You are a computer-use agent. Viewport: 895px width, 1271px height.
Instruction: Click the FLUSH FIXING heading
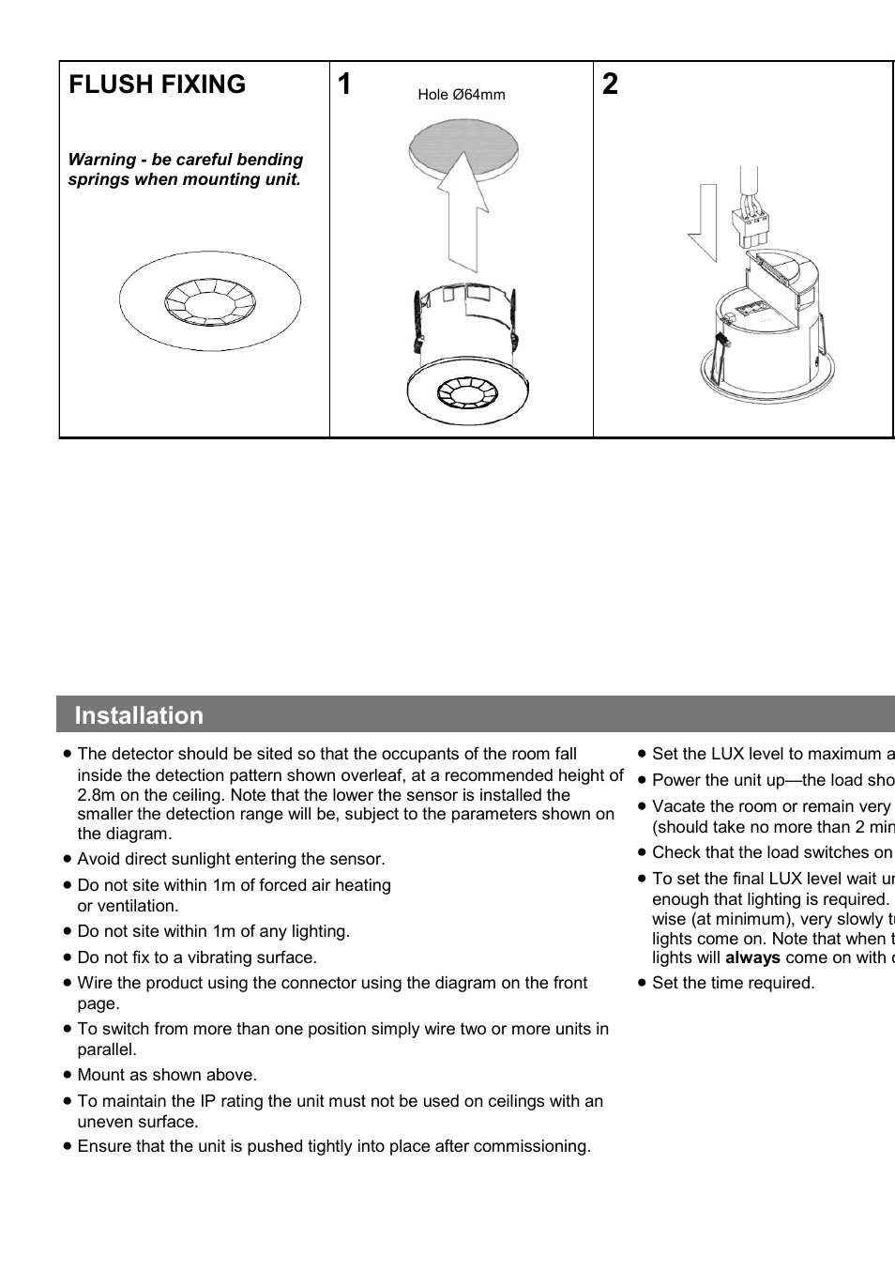(x=157, y=84)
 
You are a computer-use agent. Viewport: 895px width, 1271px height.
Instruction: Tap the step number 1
(x=344, y=84)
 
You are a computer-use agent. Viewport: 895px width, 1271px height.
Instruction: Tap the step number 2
(x=610, y=84)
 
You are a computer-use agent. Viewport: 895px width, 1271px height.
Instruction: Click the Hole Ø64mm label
(x=461, y=95)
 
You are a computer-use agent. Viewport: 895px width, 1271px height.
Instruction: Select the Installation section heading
(x=139, y=715)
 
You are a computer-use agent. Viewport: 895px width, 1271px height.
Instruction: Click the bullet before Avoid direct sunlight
(x=68, y=859)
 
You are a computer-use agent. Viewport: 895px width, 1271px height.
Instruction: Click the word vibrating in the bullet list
(x=218, y=957)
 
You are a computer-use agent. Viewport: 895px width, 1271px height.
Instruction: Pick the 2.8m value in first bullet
(x=95, y=795)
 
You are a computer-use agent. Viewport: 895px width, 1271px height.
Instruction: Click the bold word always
(x=752, y=957)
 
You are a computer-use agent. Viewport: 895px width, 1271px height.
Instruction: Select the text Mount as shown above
(x=167, y=1075)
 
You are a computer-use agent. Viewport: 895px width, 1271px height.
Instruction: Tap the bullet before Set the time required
(x=642, y=983)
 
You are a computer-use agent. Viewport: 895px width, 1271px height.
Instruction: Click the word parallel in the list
(x=106, y=1049)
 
